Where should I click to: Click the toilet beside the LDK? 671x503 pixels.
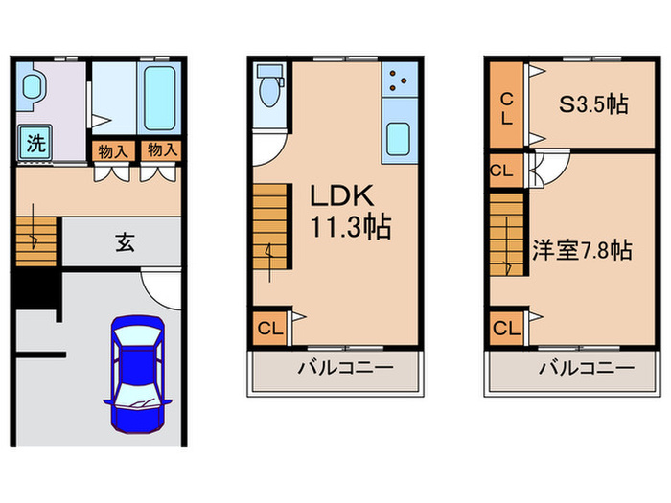click(x=268, y=90)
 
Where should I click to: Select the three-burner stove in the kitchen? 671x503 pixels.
click(x=398, y=83)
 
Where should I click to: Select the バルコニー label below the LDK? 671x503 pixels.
click(x=336, y=370)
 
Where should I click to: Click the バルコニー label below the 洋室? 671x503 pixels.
click(x=584, y=370)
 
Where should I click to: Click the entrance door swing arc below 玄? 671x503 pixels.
click(x=158, y=287)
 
